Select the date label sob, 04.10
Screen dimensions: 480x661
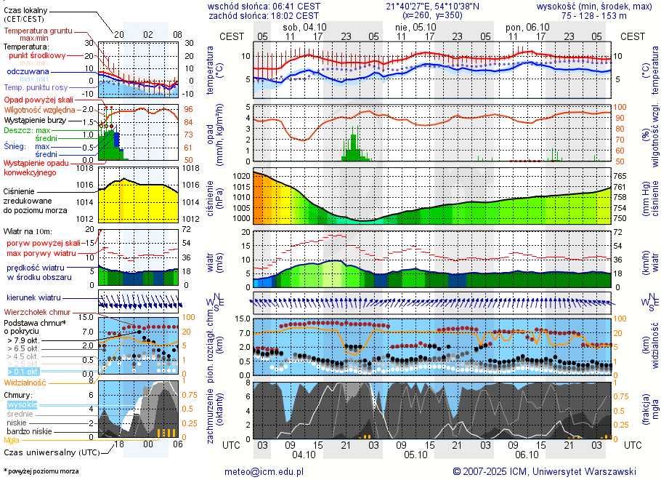(305, 27)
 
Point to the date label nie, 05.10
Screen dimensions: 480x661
(411, 27)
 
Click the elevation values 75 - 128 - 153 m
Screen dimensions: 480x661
(593, 15)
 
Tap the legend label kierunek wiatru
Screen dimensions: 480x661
(34, 298)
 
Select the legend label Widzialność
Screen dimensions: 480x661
(25, 382)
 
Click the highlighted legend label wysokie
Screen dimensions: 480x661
(22, 404)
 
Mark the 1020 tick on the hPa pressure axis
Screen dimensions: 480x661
(240, 176)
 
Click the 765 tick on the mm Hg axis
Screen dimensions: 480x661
(620, 176)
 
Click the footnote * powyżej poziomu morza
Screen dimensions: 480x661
(41, 471)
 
